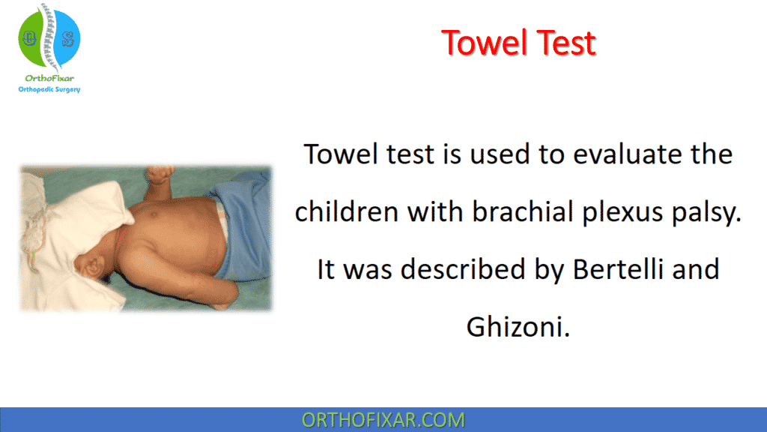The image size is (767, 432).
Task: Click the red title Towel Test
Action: point(518,43)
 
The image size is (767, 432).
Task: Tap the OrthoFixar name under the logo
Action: point(49,77)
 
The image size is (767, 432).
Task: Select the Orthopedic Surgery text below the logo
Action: point(49,89)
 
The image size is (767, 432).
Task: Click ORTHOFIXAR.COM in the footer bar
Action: point(383,420)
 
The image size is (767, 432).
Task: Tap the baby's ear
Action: point(94,265)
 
